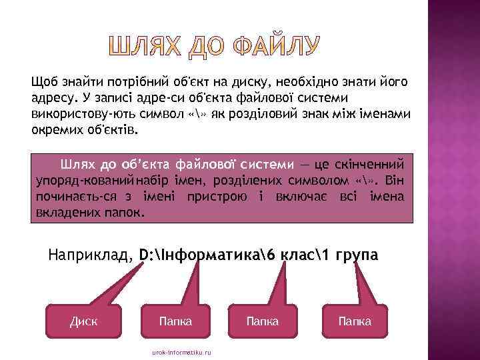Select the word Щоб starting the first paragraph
click(x=44, y=82)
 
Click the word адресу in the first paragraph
click(x=52, y=98)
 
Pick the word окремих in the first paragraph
click(x=56, y=130)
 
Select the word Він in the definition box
click(x=395, y=181)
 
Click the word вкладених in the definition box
click(x=65, y=213)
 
